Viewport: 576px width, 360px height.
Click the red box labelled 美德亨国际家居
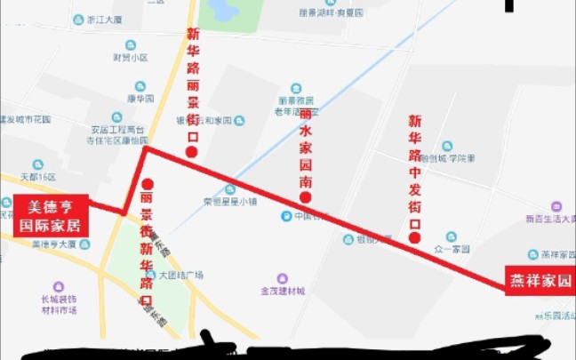tap(52, 216)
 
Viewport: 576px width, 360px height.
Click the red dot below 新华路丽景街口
tap(191, 152)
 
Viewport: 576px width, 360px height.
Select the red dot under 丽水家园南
tap(306, 197)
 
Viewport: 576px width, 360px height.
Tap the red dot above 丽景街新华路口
tap(147, 184)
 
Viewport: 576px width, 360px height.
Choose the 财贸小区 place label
tap(130, 58)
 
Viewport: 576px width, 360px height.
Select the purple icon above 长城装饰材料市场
tap(59, 286)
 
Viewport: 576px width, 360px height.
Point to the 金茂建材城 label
tap(282, 291)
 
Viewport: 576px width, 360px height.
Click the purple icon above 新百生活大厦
tap(556, 205)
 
